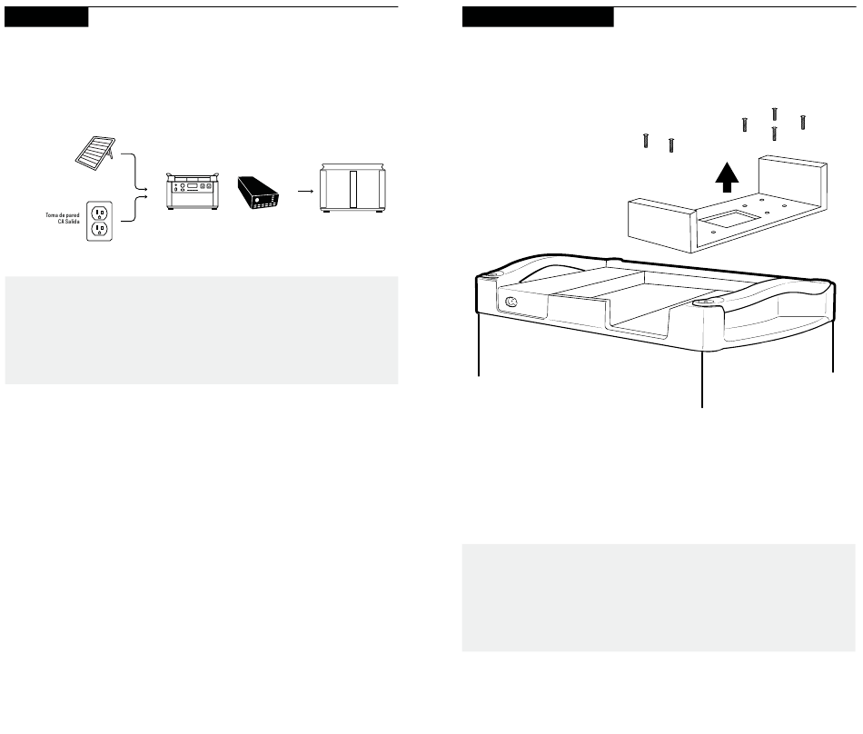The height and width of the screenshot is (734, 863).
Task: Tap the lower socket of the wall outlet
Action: click(x=100, y=231)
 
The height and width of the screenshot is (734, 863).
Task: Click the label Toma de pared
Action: click(x=62, y=214)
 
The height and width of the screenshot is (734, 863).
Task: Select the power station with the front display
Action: click(x=192, y=190)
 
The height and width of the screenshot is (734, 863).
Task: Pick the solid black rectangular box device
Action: click(x=261, y=192)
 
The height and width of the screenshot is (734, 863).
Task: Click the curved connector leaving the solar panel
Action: click(x=134, y=173)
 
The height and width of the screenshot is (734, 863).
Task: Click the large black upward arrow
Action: click(x=724, y=175)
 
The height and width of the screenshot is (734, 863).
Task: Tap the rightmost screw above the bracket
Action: click(x=803, y=121)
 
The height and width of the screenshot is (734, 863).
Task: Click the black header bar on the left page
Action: click(x=46, y=18)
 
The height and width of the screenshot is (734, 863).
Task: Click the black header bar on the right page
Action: click(x=538, y=18)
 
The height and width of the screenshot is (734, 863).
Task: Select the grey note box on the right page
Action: click(x=659, y=598)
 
